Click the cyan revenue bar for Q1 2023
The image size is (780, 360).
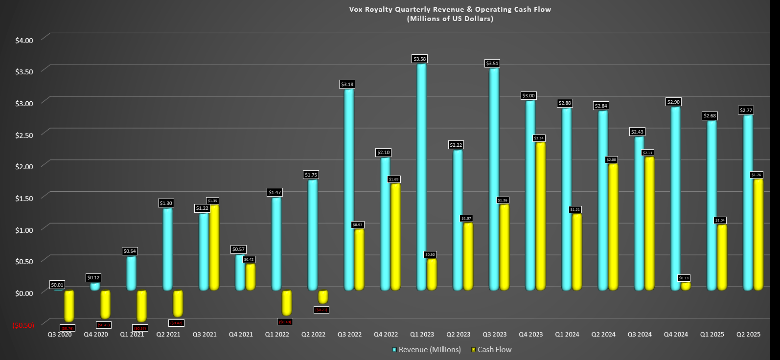point(421,176)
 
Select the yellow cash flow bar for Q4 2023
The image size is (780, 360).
point(540,215)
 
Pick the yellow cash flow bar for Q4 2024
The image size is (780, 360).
point(686,286)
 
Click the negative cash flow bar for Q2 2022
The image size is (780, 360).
point(323,297)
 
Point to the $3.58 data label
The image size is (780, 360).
point(420,59)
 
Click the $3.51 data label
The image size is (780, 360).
point(492,63)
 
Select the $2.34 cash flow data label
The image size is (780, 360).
point(539,138)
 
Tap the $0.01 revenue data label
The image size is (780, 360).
point(57,285)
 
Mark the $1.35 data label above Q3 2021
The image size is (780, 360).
point(212,201)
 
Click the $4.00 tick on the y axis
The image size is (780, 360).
point(24,41)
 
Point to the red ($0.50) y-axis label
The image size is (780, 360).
point(23,325)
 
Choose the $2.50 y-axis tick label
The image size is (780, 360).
point(24,135)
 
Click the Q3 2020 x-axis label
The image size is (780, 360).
point(60,335)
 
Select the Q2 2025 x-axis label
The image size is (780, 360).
point(749,335)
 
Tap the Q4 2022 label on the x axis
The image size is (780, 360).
point(386,335)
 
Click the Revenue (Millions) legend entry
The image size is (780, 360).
point(427,350)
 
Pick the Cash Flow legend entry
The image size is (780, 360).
point(491,350)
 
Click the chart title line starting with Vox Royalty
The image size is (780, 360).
point(450,9)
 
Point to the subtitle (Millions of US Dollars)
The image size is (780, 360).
point(450,19)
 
